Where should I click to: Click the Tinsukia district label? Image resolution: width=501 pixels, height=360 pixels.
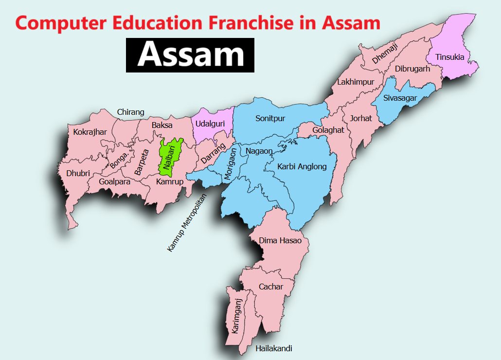tap(449, 57)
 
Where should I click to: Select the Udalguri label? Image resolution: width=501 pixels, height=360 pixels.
tap(210, 124)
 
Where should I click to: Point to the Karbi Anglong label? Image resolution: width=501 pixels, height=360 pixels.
tap(302, 166)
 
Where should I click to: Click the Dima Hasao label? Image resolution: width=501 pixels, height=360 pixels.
tap(280, 240)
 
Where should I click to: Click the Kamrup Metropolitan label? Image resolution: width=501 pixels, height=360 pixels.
tap(187, 223)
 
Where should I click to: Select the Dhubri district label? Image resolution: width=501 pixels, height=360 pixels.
tap(78, 173)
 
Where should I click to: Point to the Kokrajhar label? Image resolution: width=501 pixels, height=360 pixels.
tap(90, 132)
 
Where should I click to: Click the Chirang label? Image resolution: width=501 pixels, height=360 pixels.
tap(130, 112)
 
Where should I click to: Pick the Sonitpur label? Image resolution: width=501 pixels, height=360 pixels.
tap(270, 118)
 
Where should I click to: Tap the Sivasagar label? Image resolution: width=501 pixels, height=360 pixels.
tap(400, 98)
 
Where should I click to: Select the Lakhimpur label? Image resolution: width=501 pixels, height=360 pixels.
tap(356, 82)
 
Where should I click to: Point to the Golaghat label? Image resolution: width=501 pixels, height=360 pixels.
tap(328, 130)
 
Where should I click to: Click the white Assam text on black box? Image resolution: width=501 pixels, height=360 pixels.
tap(190, 55)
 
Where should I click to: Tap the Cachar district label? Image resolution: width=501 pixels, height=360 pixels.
tap(271, 287)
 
